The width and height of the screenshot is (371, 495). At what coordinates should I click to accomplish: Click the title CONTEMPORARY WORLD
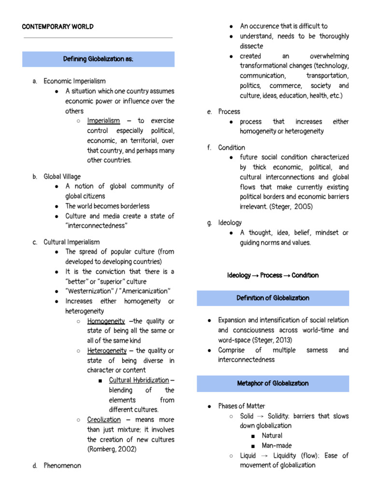(58, 27)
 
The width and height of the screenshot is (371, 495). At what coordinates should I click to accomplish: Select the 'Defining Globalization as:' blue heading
(98, 59)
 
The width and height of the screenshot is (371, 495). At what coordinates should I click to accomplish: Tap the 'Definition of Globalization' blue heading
(273, 298)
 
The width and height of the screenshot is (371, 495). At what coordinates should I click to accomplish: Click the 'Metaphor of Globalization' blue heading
(273, 383)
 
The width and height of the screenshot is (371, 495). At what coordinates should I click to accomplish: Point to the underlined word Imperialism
(103, 121)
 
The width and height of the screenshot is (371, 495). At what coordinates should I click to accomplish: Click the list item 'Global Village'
(62, 176)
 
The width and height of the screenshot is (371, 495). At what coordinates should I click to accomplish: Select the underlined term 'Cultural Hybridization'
(139, 380)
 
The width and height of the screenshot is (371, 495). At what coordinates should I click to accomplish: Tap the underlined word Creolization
(104, 420)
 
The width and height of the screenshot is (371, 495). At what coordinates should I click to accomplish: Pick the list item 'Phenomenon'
(62, 466)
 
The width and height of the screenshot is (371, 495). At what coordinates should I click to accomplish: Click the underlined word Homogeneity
(106, 321)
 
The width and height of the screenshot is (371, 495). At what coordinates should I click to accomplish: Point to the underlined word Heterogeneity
(107, 350)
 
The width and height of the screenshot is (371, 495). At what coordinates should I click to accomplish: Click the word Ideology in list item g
(230, 223)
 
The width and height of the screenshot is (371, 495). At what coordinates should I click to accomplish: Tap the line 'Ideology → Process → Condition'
(273, 275)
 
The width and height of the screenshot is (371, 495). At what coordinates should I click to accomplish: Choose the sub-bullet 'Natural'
(272, 436)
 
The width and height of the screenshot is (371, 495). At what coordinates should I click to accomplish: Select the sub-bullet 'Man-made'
(277, 446)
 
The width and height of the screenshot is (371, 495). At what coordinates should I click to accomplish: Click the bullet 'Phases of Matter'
(242, 406)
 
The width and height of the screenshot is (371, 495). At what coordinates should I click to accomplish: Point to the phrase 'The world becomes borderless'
(108, 206)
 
